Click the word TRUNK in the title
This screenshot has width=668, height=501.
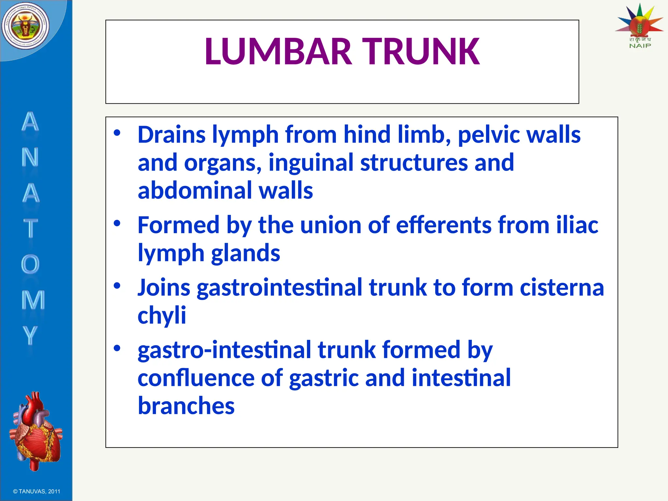click(421, 52)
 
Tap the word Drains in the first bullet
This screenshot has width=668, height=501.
click(172, 135)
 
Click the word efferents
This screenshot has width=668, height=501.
click(444, 225)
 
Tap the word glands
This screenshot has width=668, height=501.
click(245, 253)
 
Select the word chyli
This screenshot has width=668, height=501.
click(162, 316)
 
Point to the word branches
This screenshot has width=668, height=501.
click(186, 406)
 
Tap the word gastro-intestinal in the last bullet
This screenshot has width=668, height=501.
click(224, 350)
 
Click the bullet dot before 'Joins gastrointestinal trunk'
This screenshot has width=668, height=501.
click(117, 286)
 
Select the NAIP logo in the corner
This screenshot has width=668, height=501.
click(639, 26)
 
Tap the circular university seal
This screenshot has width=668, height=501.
click(25, 26)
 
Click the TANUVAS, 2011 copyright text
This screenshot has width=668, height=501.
click(37, 492)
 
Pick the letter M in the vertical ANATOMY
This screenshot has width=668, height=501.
click(33, 300)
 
